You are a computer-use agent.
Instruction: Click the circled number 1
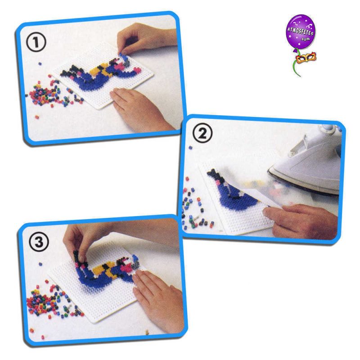coord(36,42)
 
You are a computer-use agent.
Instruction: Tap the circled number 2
coord(202,134)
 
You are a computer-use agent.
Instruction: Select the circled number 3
coord(39,242)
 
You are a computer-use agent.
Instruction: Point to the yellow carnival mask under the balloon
coord(306,58)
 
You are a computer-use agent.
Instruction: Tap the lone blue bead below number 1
coord(40,63)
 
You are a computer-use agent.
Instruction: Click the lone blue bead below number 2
coord(190,148)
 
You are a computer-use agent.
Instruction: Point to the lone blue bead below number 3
coord(40,264)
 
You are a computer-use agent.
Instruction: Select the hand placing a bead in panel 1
coord(142,39)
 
